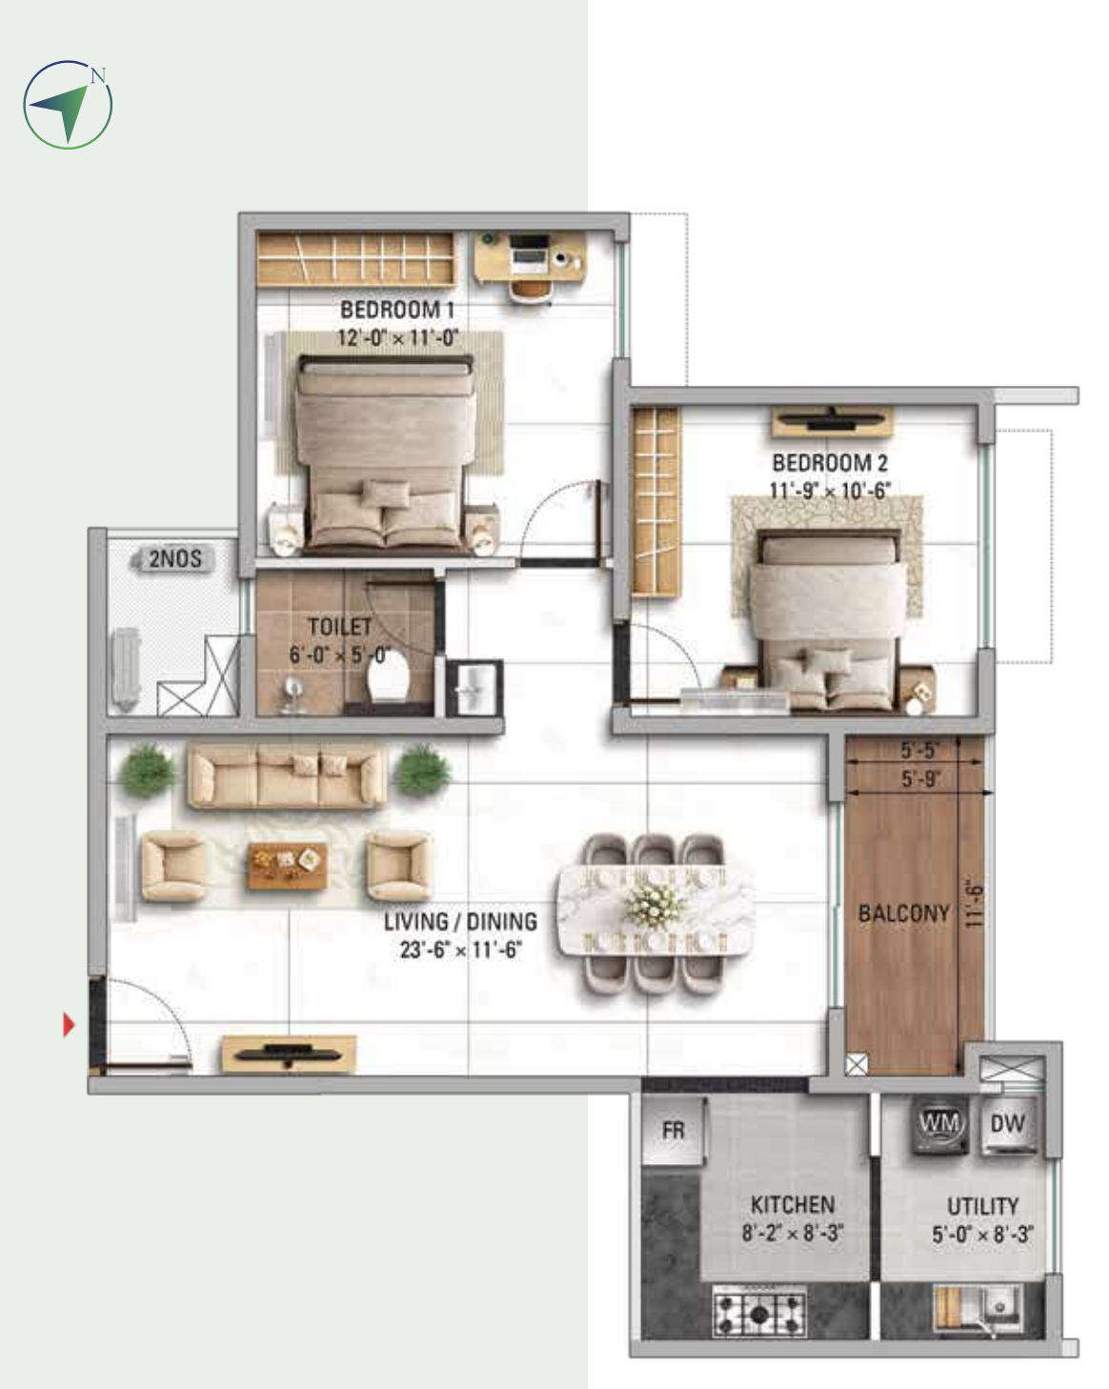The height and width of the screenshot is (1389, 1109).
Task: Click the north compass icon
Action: tap(68, 105)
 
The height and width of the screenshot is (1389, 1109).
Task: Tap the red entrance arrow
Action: tap(69, 1024)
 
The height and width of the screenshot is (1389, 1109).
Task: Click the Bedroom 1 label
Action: tap(397, 310)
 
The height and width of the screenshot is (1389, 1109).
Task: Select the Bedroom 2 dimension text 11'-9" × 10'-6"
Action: tap(830, 491)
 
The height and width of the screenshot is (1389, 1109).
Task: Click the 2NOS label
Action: tap(175, 558)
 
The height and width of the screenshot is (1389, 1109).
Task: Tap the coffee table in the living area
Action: tap(288, 865)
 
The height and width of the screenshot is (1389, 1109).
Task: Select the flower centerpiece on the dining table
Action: tap(656, 899)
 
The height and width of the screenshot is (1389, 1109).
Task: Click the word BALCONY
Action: tap(904, 914)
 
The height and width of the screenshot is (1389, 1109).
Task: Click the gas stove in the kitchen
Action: tap(759, 1313)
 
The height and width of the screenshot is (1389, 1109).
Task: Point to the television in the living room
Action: tap(289, 1054)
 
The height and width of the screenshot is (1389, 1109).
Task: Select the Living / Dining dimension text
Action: tap(461, 950)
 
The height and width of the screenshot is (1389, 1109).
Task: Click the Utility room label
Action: tap(983, 1206)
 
